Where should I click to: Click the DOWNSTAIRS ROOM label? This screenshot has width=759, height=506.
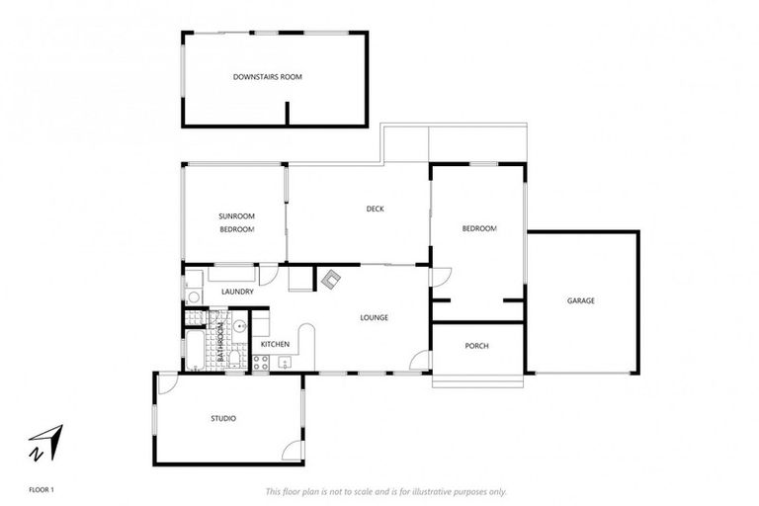pyautogui.click(x=267, y=76)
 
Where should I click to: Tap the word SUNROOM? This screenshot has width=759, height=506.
pyautogui.click(x=237, y=215)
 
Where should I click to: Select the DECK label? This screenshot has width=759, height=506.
pyautogui.click(x=375, y=209)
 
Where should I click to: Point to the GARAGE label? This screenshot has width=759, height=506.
pyautogui.click(x=580, y=300)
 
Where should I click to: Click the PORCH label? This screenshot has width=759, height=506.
pyautogui.click(x=477, y=346)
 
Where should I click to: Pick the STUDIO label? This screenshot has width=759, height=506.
pyautogui.click(x=223, y=419)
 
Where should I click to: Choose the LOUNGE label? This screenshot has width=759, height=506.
pyautogui.click(x=374, y=317)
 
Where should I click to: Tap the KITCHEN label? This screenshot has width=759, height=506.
pyautogui.click(x=275, y=344)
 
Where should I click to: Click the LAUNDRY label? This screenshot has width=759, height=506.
pyautogui.click(x=237, y=292)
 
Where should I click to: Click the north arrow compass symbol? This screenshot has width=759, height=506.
pyautogui.click(x=45, y=441)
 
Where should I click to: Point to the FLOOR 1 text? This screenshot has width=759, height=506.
pyautogui.click(x=41, y=489)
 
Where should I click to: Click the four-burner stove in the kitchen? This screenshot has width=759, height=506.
pyautogui.click(x=261, y=362)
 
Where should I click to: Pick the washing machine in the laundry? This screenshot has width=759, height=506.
pyautogui.click(x=195, y=295)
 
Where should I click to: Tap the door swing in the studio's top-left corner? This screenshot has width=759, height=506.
pyautogui.click(x=167, y=384)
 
